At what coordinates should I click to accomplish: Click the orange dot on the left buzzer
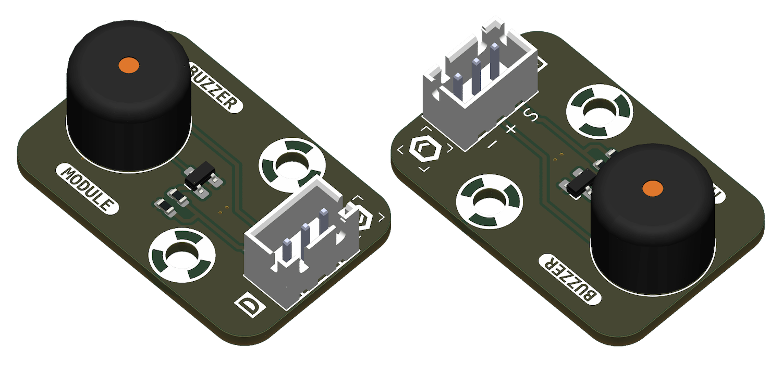pyautogui.click(x=128, y=65)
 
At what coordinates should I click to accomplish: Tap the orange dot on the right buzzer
pyautogui.click(x=652, y=188)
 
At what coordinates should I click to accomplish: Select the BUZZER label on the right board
pyautogui.click(x=570, y=279)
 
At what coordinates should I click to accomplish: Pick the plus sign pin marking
pyautogui.click(x=510, y=128)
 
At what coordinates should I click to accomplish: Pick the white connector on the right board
pyautogui.click(x=480, y=89)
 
